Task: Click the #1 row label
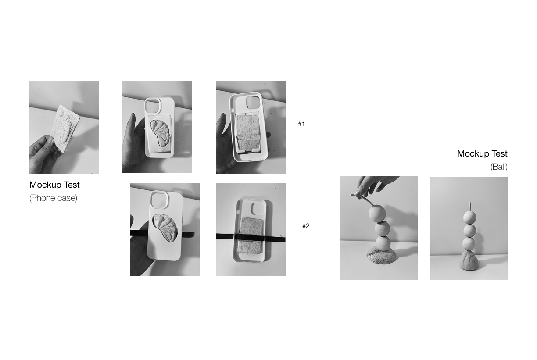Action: (x=301, y=124)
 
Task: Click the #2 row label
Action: (x=306, y=226)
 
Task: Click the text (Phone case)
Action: (x=53, y=198)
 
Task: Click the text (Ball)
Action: (x=499, y=167)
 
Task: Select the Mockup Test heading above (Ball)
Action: (x=482, y=153)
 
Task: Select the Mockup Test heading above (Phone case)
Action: (x=54, y=185)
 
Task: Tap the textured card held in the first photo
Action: (x=65, y=128)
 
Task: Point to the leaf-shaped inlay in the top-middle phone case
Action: (x=160, y=132)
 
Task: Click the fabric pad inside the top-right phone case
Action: (x=248, y=132)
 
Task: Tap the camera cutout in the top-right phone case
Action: (x=253, y=102)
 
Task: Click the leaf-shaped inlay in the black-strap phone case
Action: (x=165, y=228)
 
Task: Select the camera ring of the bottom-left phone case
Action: (x=159, y=200)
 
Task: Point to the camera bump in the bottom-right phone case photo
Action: (x=258, y=209)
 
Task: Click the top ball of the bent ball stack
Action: (x=377, y=214)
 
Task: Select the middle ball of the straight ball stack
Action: (x=469, y=231)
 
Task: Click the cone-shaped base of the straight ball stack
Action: (x=469, y=260)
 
